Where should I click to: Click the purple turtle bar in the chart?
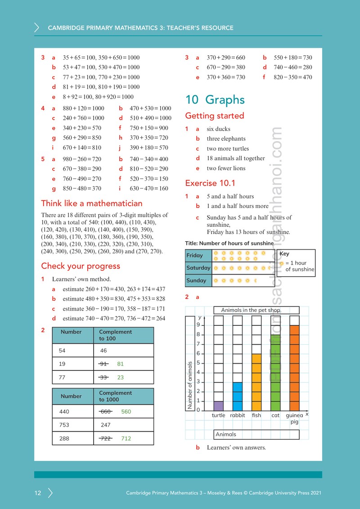click(218, 406)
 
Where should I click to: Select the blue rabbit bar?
click(238, 396)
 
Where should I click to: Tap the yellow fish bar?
click(256, 382)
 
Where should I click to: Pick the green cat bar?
click(275, 373)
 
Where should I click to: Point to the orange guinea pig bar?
click(294, 368)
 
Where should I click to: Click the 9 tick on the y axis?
click(198, 325)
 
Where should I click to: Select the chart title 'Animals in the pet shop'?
click(251, 310)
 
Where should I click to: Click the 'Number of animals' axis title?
click(190, 385)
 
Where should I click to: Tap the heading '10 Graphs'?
click(215, 99)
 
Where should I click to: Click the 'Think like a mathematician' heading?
click(91, 203)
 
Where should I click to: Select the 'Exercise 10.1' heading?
click(210, 183)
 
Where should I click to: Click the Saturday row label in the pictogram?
click(198, 268)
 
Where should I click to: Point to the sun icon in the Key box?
click(282, 263)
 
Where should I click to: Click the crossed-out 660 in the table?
click(105, 412)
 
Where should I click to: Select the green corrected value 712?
click(126, 438)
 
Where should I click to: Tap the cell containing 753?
click(73, 425)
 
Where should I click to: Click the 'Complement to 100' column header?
click(116, 335)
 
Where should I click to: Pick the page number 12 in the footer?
click(38, 493)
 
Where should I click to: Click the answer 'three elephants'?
click(226, 139)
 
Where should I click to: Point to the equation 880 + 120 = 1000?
click(83, 108)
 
